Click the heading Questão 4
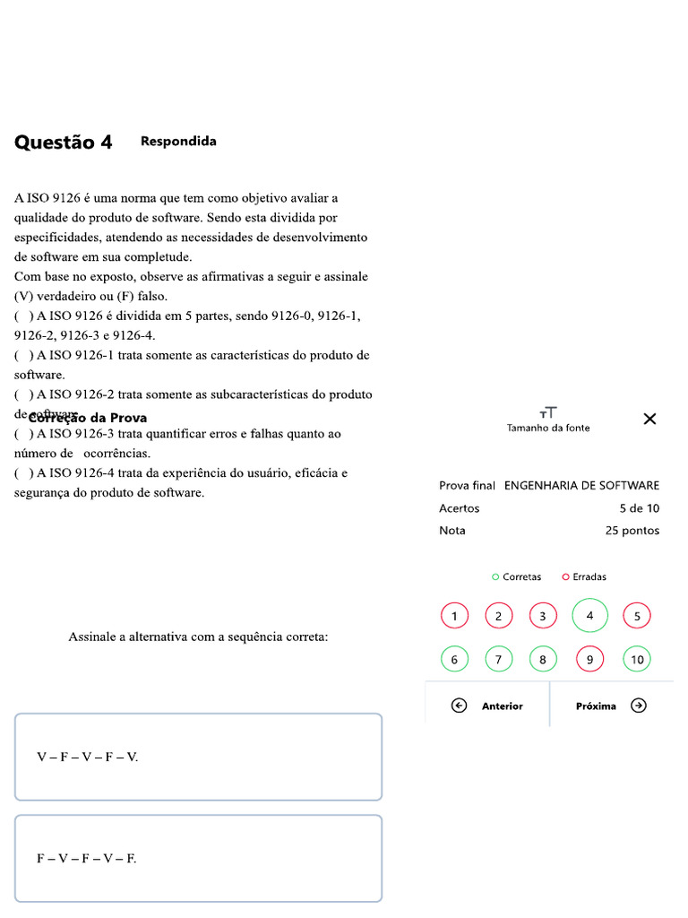coord(64,143)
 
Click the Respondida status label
coord(178,142)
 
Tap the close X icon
coord(650,419)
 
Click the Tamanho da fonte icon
coord(548,412)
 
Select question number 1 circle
coord(454,616)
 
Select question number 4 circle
coord(589,616)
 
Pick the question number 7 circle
coord(499,660)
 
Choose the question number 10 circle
coord(637,660)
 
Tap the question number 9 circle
coord(589,660)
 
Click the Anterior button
coord(488,706)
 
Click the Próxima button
coord(610,706)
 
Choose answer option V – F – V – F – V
coord(198,757)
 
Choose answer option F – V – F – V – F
coord(198,858)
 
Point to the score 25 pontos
coord(632,531)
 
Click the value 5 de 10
coord(639,508)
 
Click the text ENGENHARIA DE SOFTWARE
coord(581,486)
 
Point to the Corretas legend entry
coord(517,577)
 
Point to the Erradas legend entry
coord(584,577)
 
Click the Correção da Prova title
coord(88,418)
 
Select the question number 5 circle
coord(637,616)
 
